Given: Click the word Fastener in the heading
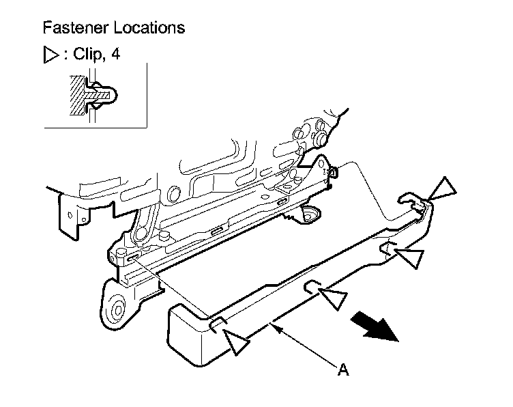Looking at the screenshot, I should tap(71, 28).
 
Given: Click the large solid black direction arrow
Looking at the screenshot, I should tap(375, 325).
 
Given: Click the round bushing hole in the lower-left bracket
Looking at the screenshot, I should tap(117, 309).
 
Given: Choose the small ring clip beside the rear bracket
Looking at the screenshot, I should tap(333, 172).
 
